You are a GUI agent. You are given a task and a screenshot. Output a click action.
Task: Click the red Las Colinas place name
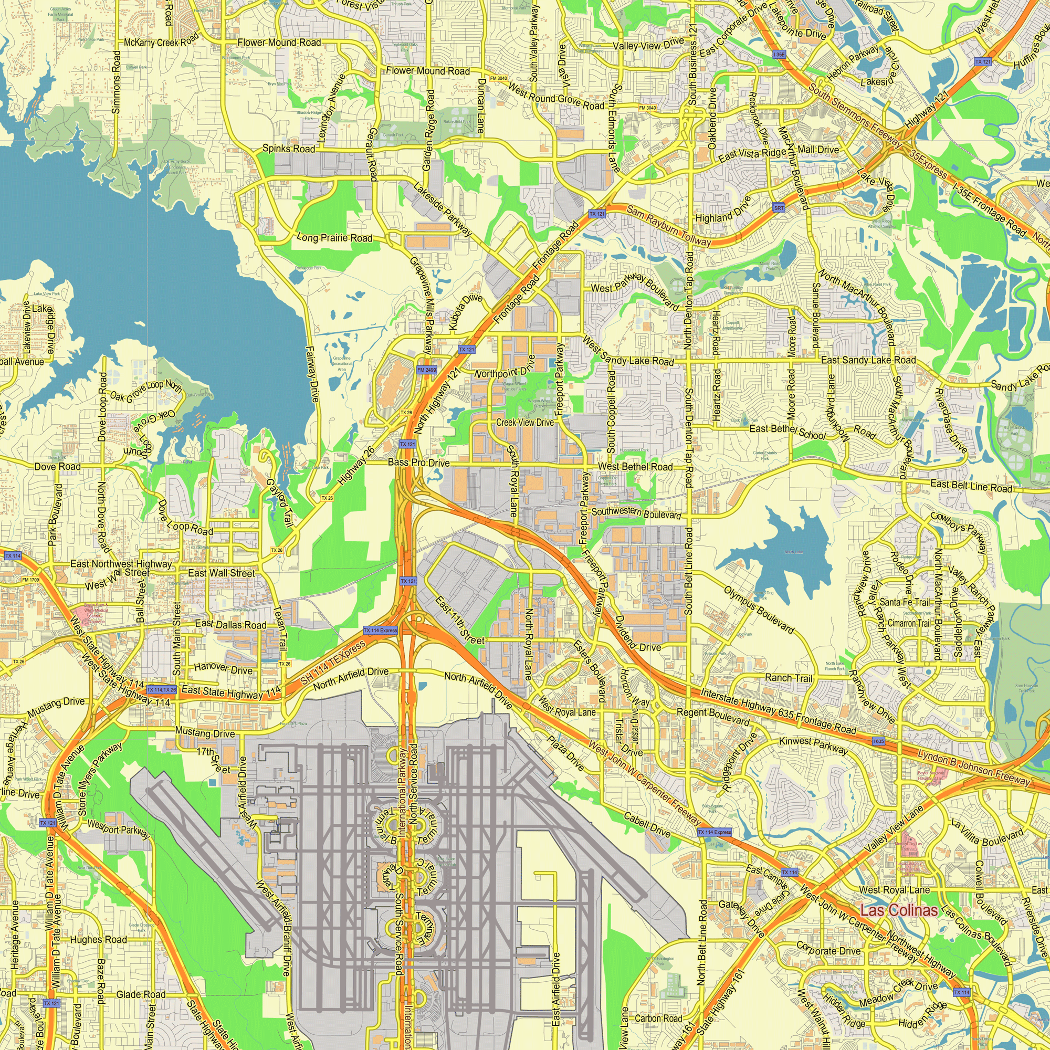coord(899,910)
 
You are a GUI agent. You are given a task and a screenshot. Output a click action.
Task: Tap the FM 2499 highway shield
coord(427,370)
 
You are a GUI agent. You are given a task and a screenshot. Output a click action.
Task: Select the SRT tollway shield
coord(779,208)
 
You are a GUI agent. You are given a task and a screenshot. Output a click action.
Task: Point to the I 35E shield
coord(779,55)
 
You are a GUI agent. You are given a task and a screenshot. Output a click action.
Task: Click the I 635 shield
coord(878,741)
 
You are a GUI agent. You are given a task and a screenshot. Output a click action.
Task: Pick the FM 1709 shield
coord(30,580)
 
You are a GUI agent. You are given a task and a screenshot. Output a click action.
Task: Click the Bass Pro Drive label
coord(418,463)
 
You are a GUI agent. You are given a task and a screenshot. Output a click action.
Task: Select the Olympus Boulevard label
coord(759,609)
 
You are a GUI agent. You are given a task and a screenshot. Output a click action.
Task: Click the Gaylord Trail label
coord(280,503)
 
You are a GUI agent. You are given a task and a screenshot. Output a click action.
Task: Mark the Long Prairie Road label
coord(334,237)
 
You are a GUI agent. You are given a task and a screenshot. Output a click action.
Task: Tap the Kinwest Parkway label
coord(813,745)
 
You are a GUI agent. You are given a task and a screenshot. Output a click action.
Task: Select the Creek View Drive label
coord(525,422)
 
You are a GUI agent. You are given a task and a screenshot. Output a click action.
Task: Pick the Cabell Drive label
coord(647,824)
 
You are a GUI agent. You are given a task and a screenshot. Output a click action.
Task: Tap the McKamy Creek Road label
coord(161,41)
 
